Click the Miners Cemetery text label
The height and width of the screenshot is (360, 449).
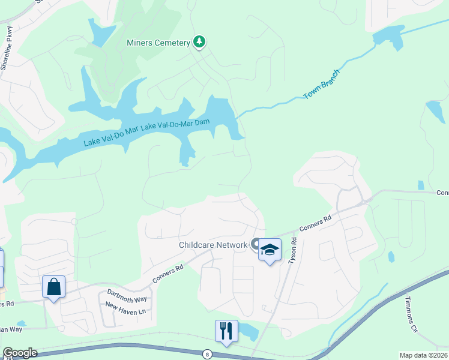(158, 43)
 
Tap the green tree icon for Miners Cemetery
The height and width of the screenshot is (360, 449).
(199, 42)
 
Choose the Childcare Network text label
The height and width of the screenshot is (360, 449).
(213, 245)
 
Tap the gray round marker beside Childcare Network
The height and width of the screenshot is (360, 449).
(256, 244)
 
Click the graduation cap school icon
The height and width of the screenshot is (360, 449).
(270, 250)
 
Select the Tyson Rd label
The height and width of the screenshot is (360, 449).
(294, 250)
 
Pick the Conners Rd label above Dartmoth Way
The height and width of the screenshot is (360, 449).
(167, 275)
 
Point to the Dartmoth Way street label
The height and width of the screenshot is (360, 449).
(127, 295)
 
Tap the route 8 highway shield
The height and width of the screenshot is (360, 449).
(208, 353)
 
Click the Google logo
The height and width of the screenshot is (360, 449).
(20, 353)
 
